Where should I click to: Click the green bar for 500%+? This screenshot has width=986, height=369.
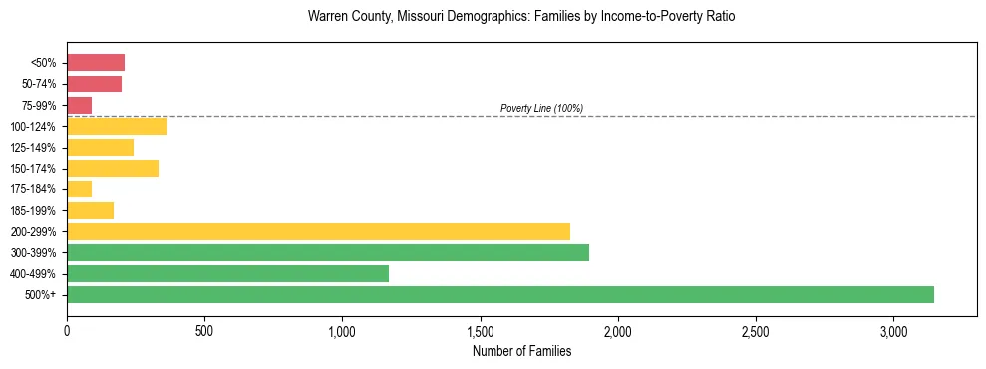click(x=500, y=294)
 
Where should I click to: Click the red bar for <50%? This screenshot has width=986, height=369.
click(x=96, y=63)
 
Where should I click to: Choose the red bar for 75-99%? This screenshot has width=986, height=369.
click(x=80, y=105)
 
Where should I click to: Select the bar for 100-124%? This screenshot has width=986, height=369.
click(x=117, y=126)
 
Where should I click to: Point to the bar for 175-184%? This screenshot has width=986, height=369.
click(x=80, y=188)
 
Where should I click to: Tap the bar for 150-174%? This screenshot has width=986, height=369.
click(x=113, y=168)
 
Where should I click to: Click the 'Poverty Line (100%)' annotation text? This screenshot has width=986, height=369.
click(x=541, y=108)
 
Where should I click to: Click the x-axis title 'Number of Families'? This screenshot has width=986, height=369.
click(x=521, y=351)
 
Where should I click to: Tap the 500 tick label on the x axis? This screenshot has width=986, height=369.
click(x=204, y=331)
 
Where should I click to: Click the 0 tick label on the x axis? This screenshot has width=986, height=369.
click(x=67, y=331)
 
